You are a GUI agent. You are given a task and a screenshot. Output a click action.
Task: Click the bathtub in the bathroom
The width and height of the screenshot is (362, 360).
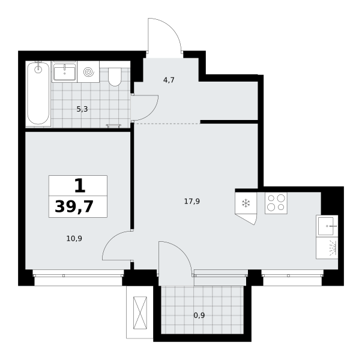pyautogui.click(x=38, y=94)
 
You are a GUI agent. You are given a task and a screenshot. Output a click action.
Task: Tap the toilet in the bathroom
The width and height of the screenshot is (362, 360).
pyautogui.click(x=115, y=77)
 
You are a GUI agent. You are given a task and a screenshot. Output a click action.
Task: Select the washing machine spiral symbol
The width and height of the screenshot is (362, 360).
pyautogui.click(x=89, y=72)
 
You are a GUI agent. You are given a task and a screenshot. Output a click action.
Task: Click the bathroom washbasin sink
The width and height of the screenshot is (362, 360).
pyautogui.click(x=64, y=71)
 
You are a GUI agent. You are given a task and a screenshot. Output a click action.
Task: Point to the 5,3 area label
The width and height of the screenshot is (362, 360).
pyautogui.click(x=82, y=109)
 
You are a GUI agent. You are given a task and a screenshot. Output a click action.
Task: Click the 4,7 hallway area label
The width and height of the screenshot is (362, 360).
pyautogui.click(x=169, y=80)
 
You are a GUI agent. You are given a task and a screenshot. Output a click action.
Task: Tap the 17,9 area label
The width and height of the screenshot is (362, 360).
pyautogui.click(x=192, y=202)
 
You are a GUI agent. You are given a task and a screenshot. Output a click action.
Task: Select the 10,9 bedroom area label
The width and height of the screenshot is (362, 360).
pyautogui.click(x=74, y=239)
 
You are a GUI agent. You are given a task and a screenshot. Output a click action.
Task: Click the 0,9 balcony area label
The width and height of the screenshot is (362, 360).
pyautogui.click(x=199, y=315)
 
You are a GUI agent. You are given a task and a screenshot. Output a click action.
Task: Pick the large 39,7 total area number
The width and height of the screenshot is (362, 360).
pyautogui.click(x=74, y=206)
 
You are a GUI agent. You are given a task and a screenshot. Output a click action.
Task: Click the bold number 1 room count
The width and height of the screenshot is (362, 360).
pyautogui.click(x=80, y=186)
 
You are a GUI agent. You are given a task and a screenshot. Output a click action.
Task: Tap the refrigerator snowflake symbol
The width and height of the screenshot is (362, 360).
pyautogui.click(x=246, y=203)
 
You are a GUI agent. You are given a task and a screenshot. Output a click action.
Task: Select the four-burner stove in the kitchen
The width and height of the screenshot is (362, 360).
pyautogui.click(x=276, y=203)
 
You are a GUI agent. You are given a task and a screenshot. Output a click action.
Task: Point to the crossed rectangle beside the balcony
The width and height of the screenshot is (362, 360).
pyautogui.click(x=140, y=313)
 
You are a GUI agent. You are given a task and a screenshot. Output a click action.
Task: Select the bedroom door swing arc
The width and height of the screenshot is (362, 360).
pyautogui.click(x=110, y=240)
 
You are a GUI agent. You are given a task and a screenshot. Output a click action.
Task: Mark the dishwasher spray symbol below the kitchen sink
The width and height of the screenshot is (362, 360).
pyautogui.click(x=333, y=248)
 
